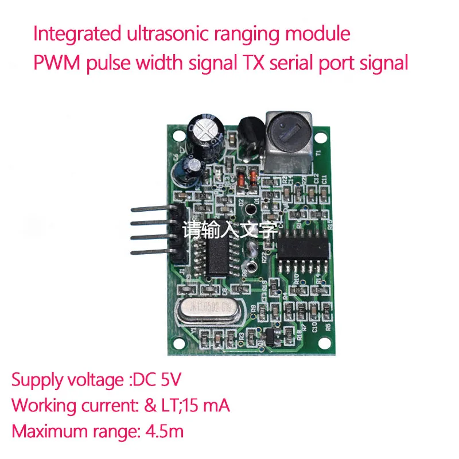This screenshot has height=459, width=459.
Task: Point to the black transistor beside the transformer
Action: click(x=249, y=134)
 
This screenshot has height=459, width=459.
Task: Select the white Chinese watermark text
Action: click(x=229, y=231)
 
